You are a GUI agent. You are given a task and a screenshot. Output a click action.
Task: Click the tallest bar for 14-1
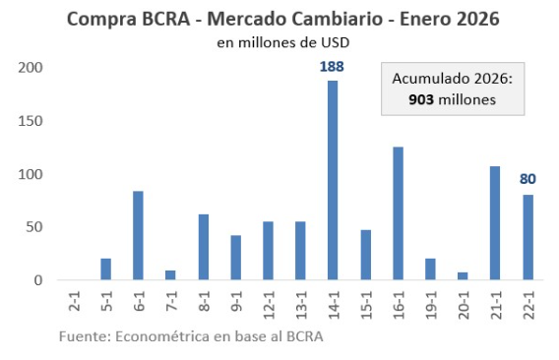click(333, 181)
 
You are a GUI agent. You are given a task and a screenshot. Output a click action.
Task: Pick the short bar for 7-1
click(170, 276)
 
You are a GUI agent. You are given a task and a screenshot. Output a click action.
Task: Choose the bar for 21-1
click(495, 223)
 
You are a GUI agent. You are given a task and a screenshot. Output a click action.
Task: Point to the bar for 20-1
click(463, 277)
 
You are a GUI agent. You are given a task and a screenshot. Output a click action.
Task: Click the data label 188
click(333, 67)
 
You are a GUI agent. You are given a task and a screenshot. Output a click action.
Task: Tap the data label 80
click(528, 180)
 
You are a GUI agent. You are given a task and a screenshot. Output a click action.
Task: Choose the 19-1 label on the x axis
click(431, 304)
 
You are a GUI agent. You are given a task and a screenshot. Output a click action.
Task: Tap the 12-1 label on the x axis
click(269, 304)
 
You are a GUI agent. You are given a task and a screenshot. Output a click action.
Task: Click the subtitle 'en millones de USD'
click(283, 42)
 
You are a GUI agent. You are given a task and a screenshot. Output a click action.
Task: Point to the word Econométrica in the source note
click(159, 337)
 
